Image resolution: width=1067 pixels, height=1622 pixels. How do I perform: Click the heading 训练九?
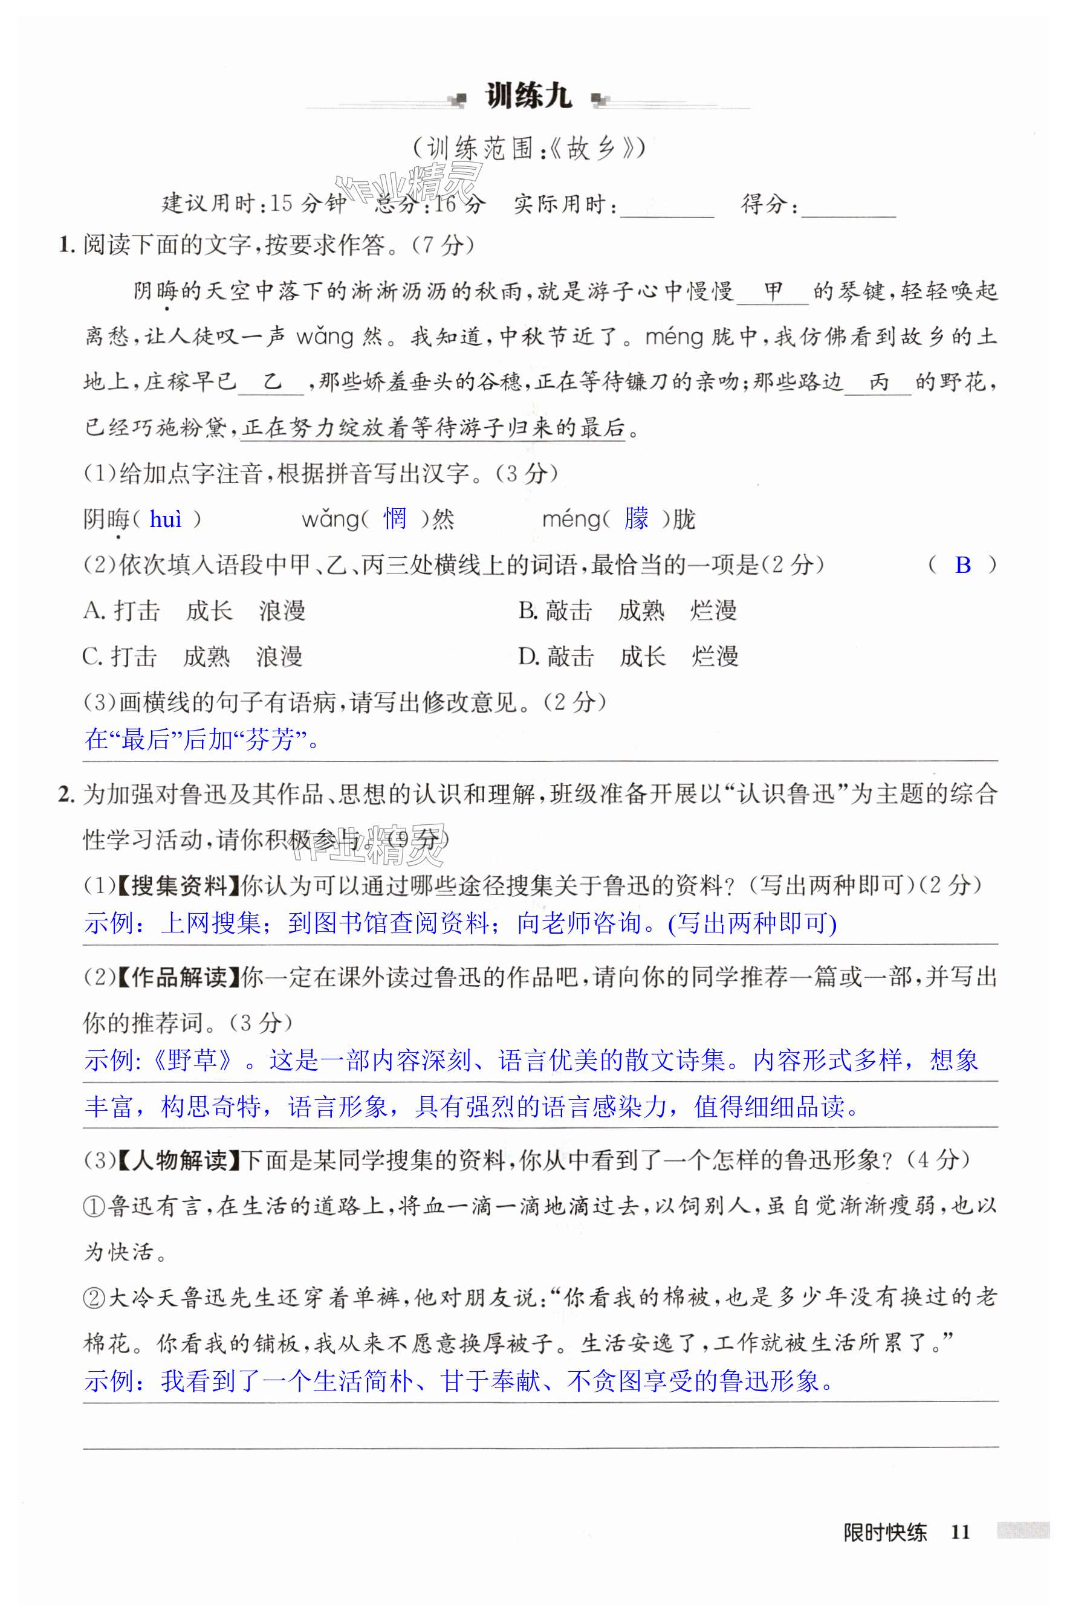point(528,97)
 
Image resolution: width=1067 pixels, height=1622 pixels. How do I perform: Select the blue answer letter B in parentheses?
point(962,565)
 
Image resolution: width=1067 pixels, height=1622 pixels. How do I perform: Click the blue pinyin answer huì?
point(166,520)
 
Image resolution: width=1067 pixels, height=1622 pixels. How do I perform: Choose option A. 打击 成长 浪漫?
point(194,610)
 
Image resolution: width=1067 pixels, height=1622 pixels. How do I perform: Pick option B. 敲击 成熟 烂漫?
point(628,610)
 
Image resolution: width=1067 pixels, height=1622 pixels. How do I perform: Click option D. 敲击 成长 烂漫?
point(628,656)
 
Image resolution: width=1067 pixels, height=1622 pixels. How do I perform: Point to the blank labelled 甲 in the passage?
point(773,293)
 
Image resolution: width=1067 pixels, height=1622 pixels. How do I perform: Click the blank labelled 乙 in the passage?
point(272,383)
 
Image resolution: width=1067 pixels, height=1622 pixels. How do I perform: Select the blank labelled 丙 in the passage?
point(879,383)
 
